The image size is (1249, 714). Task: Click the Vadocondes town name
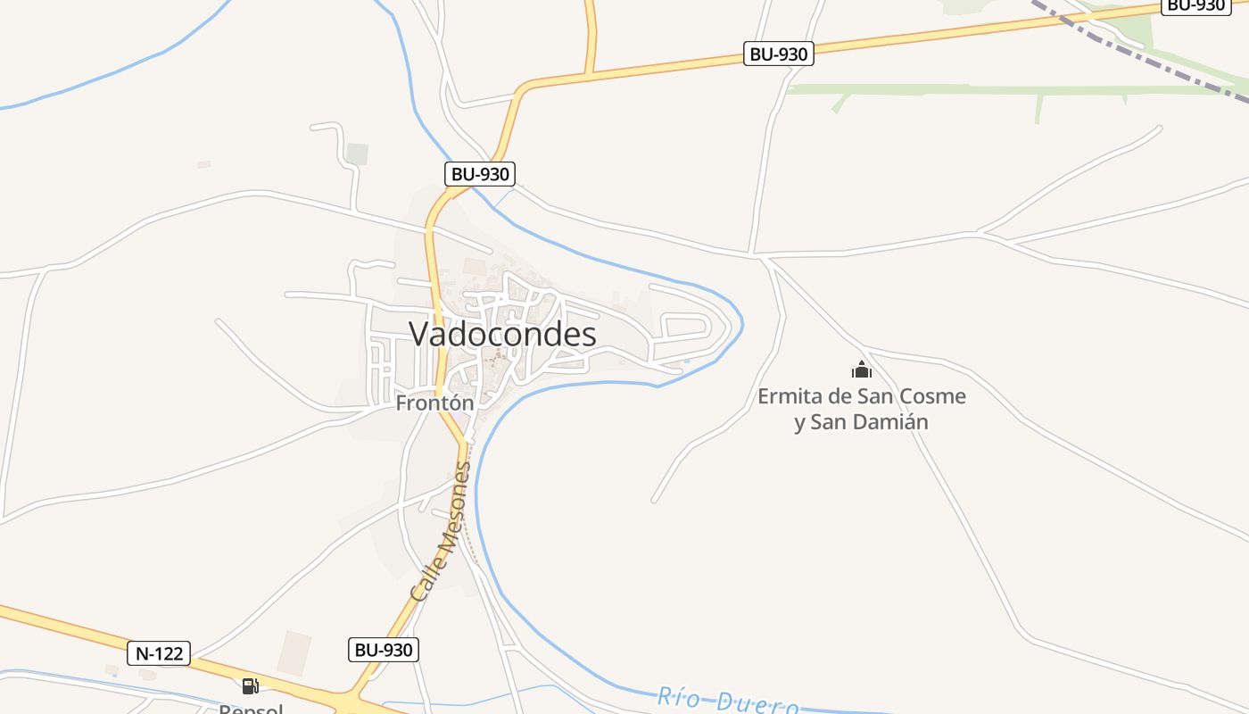[x=502, y=334]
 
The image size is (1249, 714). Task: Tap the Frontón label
[x=434, y=403]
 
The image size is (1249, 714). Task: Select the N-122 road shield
[x=160, y=653]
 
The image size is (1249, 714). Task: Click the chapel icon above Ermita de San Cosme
[x=861, y=369]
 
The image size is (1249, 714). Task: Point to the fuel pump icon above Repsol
[x=251, y=686]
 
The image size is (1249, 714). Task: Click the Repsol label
[x=251, y=709]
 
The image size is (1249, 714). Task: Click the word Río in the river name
[x=679, y=697]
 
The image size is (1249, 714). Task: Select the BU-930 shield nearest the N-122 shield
[x=383, y=650]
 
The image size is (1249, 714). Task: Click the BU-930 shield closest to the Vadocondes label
[x=480, y=174]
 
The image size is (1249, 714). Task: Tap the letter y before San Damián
[x=800, y=422]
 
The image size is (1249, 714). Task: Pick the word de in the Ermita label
[x=840, y=395]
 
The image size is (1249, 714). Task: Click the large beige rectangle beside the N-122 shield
[x=294, y=652]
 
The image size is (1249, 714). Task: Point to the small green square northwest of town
[x=357, y=154]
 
